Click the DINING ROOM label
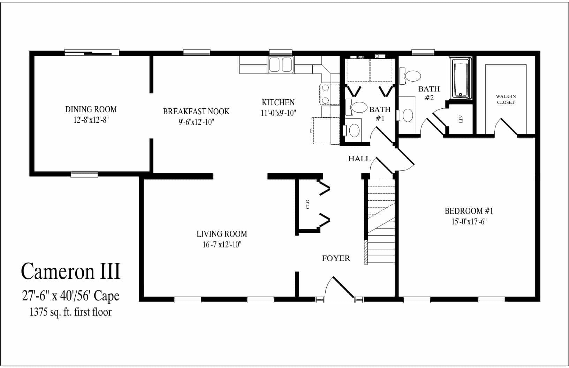91,109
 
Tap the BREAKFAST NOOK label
196,112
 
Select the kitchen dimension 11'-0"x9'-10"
278,113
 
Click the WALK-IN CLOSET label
506,99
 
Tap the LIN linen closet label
461,119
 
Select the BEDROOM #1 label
469,211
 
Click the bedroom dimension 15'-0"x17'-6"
469,222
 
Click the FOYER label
336,258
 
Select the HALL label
359,159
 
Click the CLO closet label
308,204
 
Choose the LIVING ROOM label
222,234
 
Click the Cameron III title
71,271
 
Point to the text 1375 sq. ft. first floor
71,312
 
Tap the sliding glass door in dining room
92,53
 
